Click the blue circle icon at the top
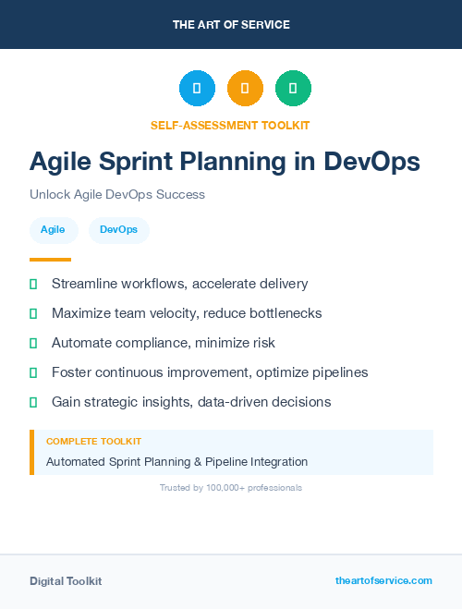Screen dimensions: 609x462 (x=197, y=89)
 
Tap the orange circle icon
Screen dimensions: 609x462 (x=245, y=89)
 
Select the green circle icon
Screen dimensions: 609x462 (x=293, y=89)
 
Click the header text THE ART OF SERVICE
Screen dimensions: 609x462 (x=231, y=25)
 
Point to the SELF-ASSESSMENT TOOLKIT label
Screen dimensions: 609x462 (x=230, y=125)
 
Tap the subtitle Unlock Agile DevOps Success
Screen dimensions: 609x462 (x=117, y=195)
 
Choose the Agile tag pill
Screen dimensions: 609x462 (x=53, y=229)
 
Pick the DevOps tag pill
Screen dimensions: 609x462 (x=118, y=229)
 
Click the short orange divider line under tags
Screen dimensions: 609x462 (x=50, y=260)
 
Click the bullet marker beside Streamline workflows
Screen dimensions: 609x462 (x=33, y=284)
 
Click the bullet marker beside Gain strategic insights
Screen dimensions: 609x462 (x=33, y=402)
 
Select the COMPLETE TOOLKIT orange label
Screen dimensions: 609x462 (x=93, y=442)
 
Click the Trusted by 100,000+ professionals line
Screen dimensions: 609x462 (x=231, y=487)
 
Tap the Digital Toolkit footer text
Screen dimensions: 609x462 (x=66, y=581)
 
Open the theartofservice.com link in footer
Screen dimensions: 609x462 (x=383, y=580)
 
